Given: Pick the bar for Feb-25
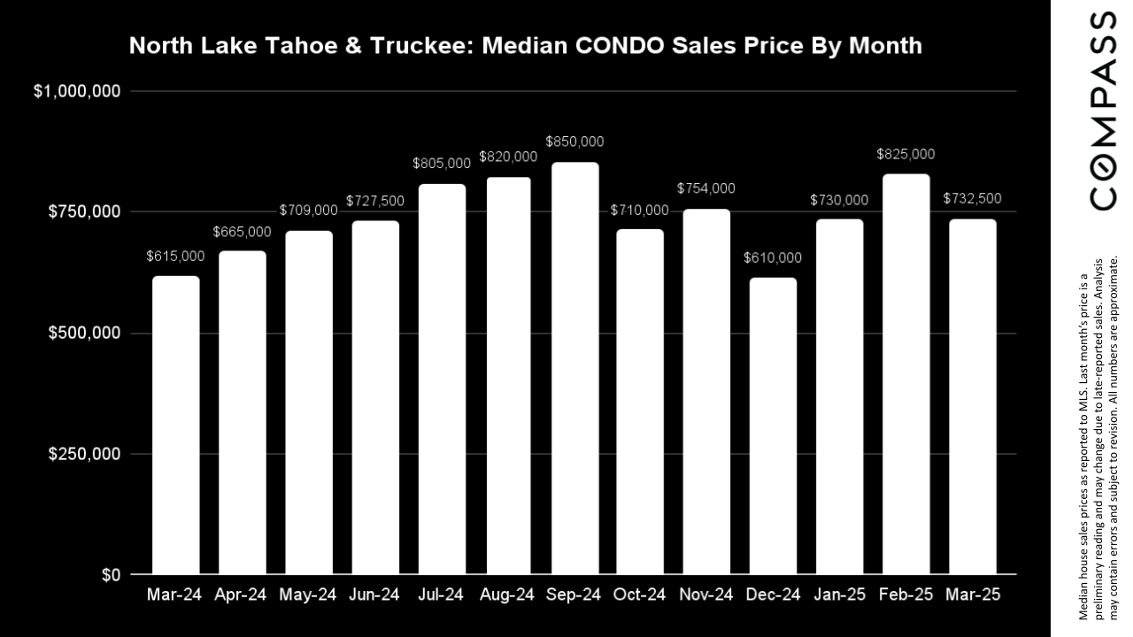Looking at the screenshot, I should [x=906, y=374].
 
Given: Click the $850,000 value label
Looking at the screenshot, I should [x=574, y=142].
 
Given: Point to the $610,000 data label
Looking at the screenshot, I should [x=773, y=257].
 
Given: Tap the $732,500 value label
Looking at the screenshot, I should [x=972, y=198].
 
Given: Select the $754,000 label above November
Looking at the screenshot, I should [x=706, y=188].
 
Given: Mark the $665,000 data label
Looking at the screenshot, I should [x=243, y=231].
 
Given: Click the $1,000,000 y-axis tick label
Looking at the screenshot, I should [x=76, y=92].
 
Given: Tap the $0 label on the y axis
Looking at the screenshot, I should [x=111, y=576].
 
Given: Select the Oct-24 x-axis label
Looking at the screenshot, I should [x=640, y=595].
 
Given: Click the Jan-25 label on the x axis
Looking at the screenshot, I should [x=839, y=595].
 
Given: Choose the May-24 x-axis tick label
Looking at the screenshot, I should [x=309, y=595].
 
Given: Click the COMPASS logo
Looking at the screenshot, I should [x=1102, y=111].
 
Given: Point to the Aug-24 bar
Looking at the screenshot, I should [x=508, y=375].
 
